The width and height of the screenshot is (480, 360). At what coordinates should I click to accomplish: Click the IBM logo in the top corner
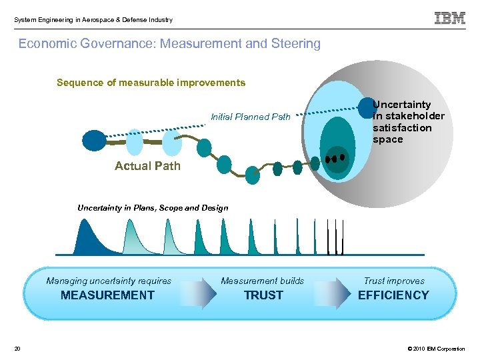click(450, 19)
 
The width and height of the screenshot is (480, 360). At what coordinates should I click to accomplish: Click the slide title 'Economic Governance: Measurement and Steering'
click(169, 44)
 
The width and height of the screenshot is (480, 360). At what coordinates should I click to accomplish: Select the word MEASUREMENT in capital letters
click(107, 295)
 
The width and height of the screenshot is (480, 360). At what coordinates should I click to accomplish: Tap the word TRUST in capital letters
click(263, 295)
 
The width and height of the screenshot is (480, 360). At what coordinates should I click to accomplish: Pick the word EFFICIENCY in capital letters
click(393, 295)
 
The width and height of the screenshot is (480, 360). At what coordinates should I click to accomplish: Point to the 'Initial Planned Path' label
click(251, 117)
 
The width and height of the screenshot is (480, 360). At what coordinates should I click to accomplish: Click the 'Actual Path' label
click(147, 166)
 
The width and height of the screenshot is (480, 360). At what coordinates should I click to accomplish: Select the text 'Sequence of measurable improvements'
click(151, 83)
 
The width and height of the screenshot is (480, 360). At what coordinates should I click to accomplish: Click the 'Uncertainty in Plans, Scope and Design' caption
click(153, 208)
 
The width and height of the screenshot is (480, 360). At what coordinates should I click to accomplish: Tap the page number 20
click(17, 349)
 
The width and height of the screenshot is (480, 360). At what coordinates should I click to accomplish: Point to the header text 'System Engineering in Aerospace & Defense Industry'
click(93, 19)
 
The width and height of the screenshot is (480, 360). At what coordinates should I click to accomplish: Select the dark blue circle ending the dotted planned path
click(367, 109)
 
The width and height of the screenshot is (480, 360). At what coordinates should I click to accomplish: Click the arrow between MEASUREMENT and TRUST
click(199, 294)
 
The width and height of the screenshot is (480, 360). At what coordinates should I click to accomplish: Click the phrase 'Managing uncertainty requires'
click(109, 281)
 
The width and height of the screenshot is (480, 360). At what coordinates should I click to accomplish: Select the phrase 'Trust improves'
click(393, 281)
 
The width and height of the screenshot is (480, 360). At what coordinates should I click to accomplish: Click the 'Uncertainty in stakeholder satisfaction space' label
click(408, 122)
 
